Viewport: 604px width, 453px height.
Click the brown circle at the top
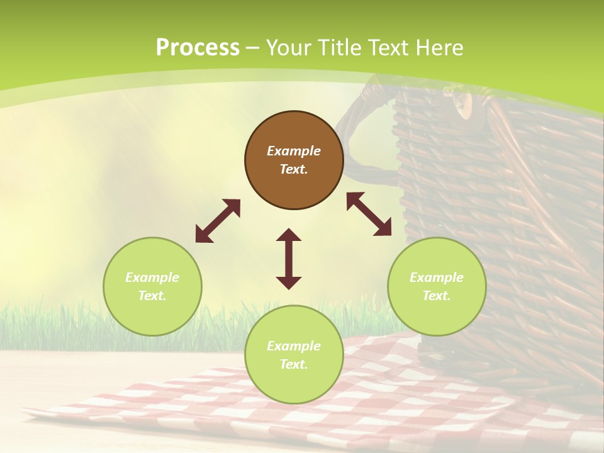click(x=294, y=160)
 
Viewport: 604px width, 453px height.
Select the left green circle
click(x=152, y=286)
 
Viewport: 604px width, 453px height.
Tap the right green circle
click(x=437, y=286)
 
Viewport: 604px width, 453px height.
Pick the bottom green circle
click(x=294, y=355)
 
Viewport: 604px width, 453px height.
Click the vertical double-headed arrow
click(x=289, y=259)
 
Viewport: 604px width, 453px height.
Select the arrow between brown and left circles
click(x=218, y=221)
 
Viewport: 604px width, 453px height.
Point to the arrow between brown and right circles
click(x=369, y=214)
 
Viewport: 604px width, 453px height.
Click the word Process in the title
click(x=198, y=47)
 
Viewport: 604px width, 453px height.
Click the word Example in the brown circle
click(x=294, y=151)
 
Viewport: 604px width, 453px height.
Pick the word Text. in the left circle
click(x=152, y=296)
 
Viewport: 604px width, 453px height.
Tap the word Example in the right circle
click(x=437, y=277)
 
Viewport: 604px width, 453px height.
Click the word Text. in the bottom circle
click(x=294, y=364)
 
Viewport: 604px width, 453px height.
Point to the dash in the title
click(x=253, y=48)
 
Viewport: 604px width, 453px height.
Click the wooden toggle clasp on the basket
click(x=463, y=104)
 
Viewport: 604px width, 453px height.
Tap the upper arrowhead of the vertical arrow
click(x=289, y=235)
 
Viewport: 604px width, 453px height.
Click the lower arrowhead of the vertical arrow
click(x=289, y=282)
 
